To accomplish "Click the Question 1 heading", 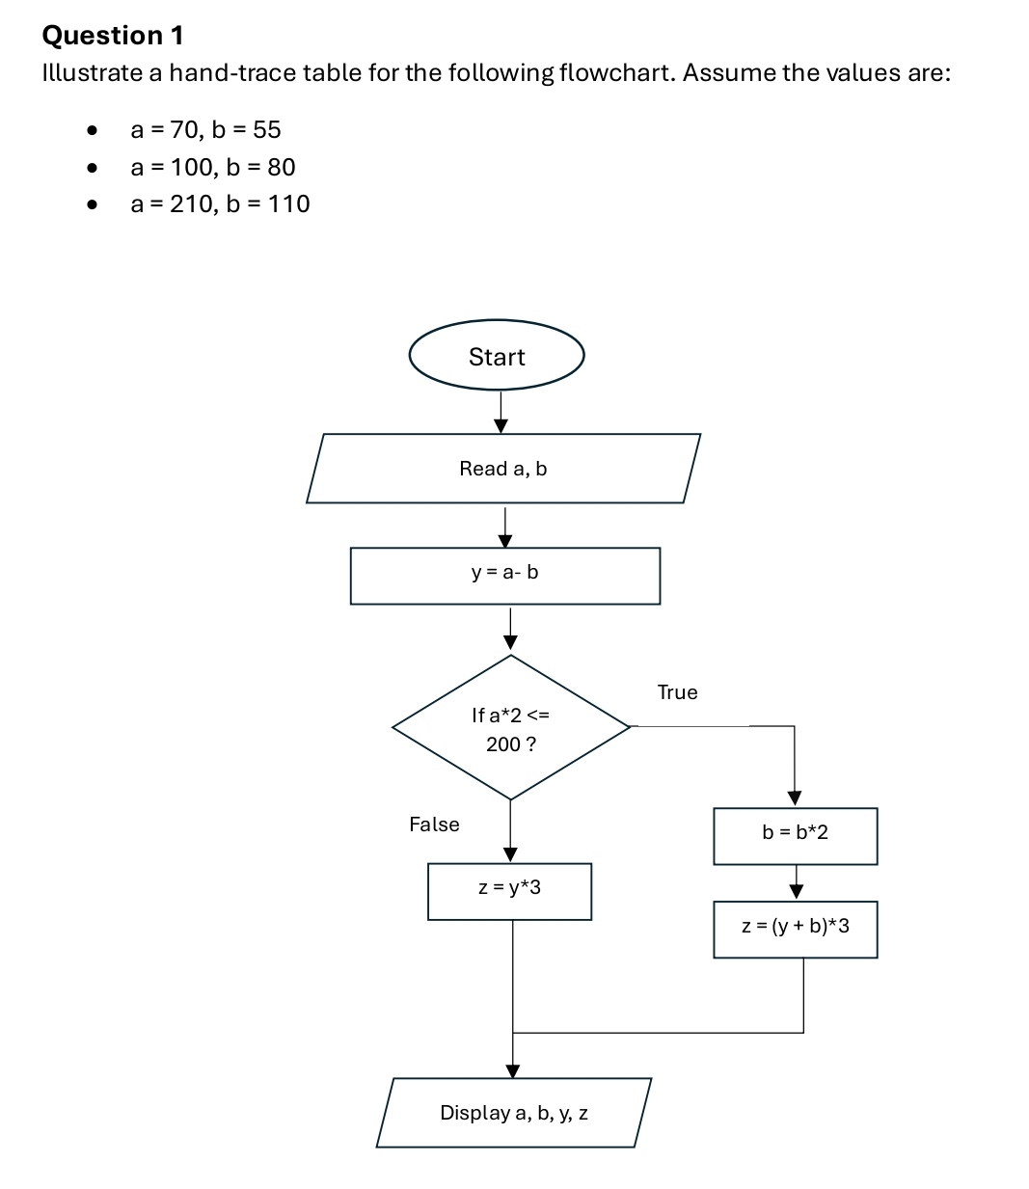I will click(113, 36).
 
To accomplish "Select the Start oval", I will click(497, 356).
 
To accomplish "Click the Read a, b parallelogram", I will click(503, 469).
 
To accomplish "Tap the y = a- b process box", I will click(504, 576).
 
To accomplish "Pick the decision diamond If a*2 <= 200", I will click(510, 728).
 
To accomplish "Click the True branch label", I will click(677, 692).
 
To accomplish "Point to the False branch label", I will click(434, 824).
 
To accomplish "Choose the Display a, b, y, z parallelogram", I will click(514, 1113).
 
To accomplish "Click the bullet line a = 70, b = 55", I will click(205, 129).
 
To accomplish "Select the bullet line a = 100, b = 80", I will click(213, 167).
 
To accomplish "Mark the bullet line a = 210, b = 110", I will click(220, 203).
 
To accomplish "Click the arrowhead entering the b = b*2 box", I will click(795, 797).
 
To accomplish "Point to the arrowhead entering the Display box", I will click(513, 1070).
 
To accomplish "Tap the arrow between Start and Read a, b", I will click(501, 412).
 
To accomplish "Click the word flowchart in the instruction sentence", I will click(613, 73).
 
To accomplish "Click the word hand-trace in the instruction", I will click(232, 73).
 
